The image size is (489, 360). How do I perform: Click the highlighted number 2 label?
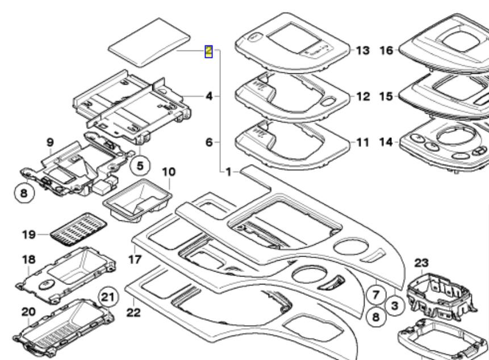tap(209, 52)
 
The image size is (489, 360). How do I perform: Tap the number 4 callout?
tap(209, 97)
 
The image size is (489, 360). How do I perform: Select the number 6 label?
tap(209, 142)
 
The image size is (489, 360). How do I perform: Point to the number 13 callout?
tap(362, 51)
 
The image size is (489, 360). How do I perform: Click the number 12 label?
tap(362, 96)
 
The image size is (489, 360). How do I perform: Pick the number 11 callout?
tap(362, 142)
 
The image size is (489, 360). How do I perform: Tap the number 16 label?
tap(386, 51)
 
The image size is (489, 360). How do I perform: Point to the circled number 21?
tap(107, 296)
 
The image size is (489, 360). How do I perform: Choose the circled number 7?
tap(375, 295)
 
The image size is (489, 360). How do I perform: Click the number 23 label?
tap(421, 263)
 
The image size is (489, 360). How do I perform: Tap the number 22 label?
tap(133, 313)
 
